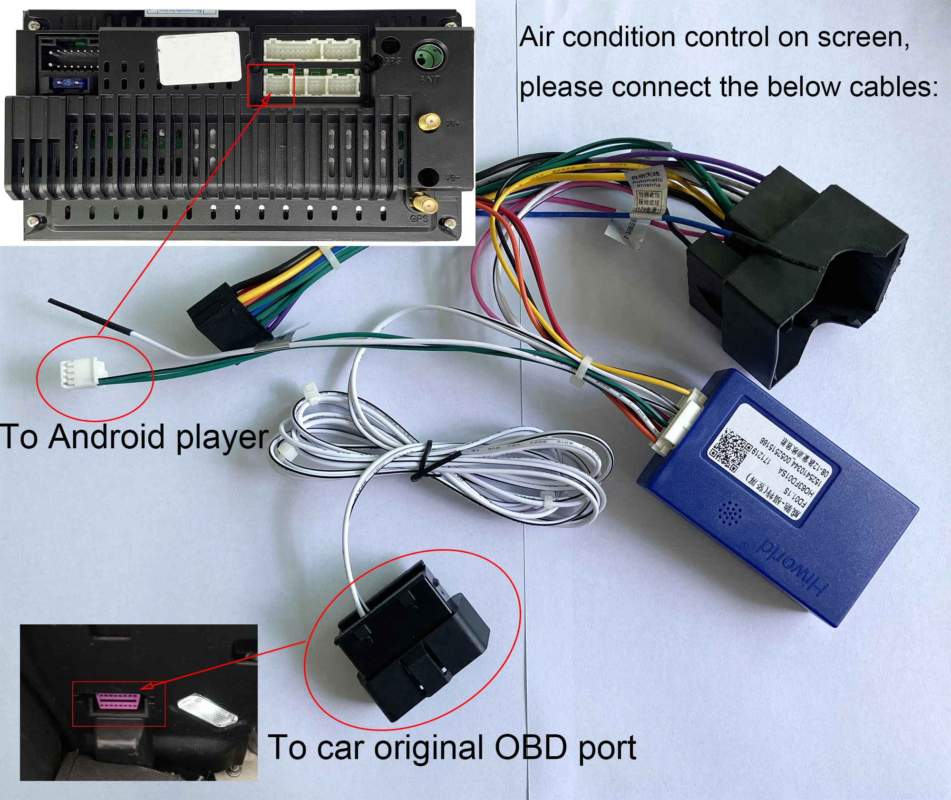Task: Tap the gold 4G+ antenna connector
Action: [x=428, y=123]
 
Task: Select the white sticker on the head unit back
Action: [x=200, y=58]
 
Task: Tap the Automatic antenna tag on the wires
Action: [x=647, y=181]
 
